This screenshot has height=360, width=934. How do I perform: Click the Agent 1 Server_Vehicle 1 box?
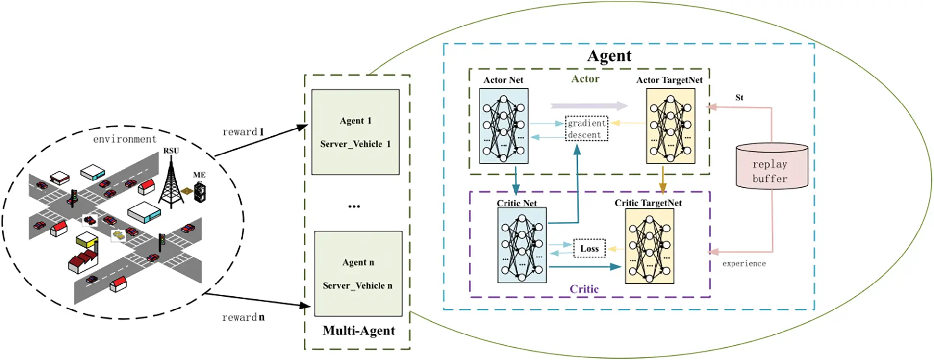[355, 131]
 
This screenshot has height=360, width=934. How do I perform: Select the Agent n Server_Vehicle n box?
[358, 274]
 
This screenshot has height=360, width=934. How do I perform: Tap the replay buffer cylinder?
[772, 167]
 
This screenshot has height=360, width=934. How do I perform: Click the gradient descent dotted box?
[586, 129]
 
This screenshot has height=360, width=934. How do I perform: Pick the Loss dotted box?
[589, 248]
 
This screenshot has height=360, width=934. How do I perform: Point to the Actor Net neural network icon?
[504, 126]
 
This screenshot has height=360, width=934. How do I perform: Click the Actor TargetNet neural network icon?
[670, 126]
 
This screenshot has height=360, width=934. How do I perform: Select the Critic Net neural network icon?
[522, 245]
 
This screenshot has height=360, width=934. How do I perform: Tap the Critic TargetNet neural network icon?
[649, 246]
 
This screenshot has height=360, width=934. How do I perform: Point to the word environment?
[125, 139]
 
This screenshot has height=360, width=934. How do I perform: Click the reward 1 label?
[243, 132]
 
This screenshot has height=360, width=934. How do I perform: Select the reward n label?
[243, 317]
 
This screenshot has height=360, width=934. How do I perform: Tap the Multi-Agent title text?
[358, 331]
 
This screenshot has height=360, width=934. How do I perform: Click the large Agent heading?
[609, 56]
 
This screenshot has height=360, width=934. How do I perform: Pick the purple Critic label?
[583, 289]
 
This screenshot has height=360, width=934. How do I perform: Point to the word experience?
[743, 264]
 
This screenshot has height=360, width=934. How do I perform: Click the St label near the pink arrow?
[739, 98]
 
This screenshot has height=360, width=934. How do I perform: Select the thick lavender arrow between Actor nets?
[588, 105]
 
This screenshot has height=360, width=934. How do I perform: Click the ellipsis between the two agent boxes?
[354, 206]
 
